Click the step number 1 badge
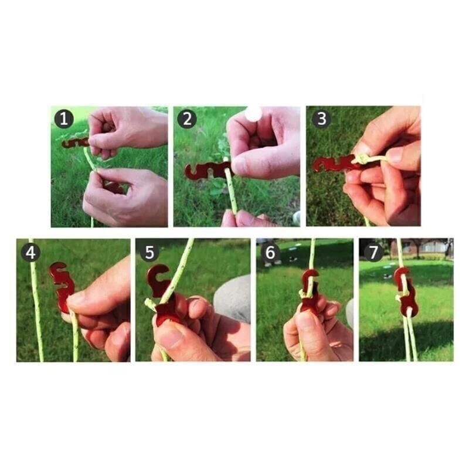click(64, 119)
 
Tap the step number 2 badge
click(187, 119)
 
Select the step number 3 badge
click(321, 118)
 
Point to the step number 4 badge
click(30, 253)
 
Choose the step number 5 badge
click(149, 252)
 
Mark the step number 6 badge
click(270, 252)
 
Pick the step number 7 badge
click(373, 252)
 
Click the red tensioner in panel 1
click(75, 142)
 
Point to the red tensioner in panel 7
click(405, 291)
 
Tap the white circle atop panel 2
click(253, 114)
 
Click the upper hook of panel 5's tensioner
click(158, 277)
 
